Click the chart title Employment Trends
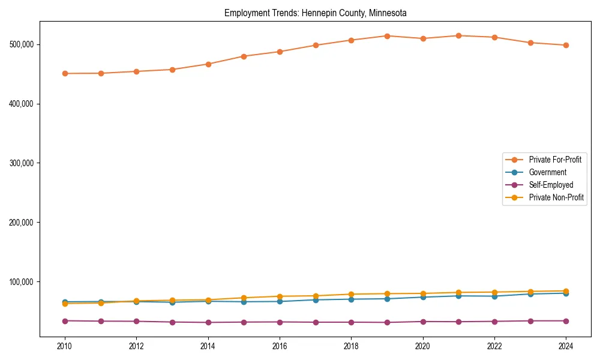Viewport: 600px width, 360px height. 315,13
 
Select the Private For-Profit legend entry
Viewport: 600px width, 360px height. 555,160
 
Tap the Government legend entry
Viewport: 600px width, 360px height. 547,172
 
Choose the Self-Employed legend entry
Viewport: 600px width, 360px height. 551,185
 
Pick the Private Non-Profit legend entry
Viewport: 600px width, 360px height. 556,197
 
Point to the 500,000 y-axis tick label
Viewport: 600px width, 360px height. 21,44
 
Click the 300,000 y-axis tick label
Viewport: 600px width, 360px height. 21,163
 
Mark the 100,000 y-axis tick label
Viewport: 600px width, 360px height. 21,282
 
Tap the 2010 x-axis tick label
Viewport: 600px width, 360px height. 65,346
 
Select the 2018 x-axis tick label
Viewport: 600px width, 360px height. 351,346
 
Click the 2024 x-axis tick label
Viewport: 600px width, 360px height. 566,346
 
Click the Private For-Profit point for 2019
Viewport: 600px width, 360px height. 387,36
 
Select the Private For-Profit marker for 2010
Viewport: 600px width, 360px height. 65,73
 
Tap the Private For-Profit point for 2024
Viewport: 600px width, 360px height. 566,45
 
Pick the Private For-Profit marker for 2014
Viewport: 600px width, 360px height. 208,64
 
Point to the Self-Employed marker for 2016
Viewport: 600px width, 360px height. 280,322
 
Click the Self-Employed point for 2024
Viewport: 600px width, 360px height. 566,321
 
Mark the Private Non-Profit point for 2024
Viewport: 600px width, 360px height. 566,291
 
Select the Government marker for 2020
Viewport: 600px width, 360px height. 423,297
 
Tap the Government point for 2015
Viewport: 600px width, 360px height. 244,302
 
